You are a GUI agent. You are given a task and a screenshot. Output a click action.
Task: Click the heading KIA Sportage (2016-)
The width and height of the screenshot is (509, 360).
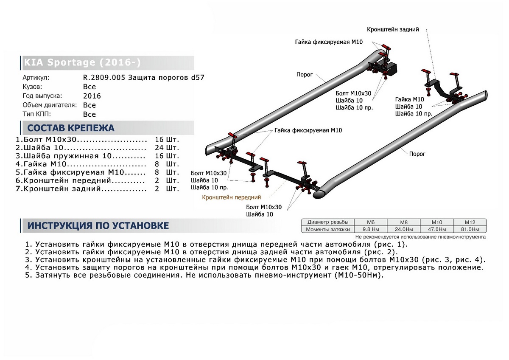(81, 63)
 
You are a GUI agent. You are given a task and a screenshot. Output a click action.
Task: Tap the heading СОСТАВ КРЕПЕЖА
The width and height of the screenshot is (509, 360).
(71, 128)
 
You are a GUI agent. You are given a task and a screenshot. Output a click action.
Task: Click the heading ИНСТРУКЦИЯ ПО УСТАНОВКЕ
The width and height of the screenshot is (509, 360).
(98, 225)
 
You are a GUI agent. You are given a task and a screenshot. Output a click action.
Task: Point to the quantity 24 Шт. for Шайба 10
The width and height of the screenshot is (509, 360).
(167, 148)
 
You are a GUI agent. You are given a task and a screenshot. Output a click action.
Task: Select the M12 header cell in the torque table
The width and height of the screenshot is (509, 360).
(470, 222)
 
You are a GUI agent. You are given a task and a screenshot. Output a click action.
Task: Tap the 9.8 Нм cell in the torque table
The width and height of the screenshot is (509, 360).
(370, 229)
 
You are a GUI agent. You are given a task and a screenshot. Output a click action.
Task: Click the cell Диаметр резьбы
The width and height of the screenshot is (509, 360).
(328, 222)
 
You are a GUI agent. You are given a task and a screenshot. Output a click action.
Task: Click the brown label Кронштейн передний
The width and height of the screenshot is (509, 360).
(231, 197)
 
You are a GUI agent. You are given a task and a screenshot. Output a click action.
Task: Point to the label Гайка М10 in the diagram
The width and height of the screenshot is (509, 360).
(409, 99)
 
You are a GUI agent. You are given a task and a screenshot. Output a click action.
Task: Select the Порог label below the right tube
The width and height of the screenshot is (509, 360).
(417, 154)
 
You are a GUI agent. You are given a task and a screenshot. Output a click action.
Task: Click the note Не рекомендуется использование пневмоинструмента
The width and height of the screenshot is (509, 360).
(420, 237)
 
